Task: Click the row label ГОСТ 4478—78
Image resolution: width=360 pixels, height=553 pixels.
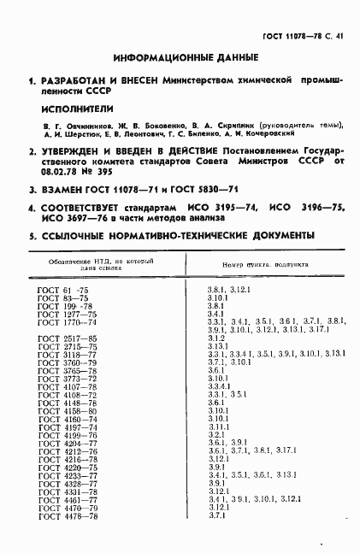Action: (67, 539)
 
